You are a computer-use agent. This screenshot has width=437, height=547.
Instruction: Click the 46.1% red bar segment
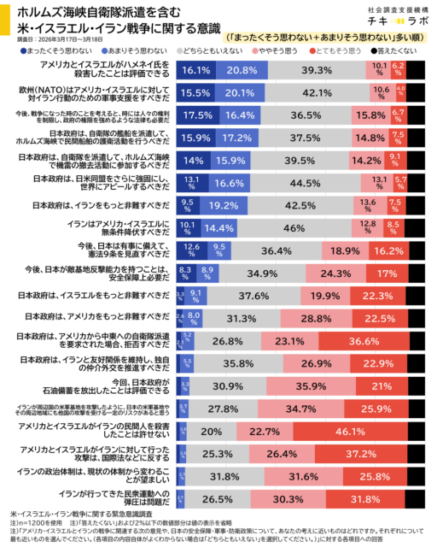point(350,432)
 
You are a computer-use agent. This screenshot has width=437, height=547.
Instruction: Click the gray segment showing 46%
point(294,228)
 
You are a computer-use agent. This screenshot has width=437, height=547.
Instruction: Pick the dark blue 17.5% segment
point(197,115)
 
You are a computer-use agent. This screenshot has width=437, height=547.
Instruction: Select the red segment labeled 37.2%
point(361,454)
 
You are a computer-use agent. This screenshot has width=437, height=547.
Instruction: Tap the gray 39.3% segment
point(317,70)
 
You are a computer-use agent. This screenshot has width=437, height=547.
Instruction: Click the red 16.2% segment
point(388,251)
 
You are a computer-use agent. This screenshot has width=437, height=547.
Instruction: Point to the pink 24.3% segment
point(335,273)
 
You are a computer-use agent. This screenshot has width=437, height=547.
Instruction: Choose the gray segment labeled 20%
point(211,432)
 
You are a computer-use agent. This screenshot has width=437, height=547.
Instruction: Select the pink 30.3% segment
point(288,499)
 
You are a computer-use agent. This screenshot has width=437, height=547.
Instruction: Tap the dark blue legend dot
point(23,51)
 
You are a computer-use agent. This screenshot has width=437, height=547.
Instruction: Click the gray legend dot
point(179,51)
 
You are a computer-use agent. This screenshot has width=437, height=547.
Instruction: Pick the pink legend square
point(255,51)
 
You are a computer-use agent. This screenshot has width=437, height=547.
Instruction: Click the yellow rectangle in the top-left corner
point(5,19)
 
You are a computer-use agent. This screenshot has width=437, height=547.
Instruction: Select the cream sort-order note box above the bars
point(324,38)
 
